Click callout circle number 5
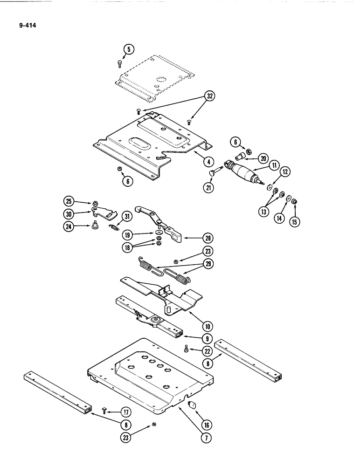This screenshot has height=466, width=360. pos(129,48)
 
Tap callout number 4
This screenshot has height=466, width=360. pos(208,162)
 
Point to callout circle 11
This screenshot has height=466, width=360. pos(273,165)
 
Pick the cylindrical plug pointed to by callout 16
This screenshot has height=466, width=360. pos(190,405)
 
